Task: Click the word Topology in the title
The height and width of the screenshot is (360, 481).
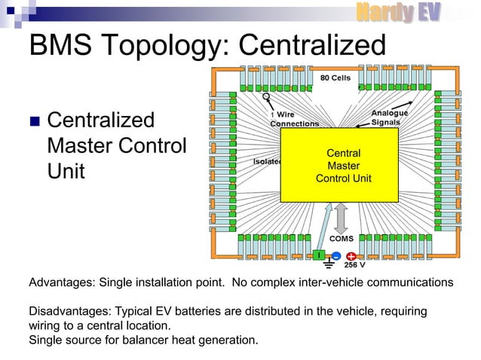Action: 158,46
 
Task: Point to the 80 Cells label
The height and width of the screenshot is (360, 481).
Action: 335,78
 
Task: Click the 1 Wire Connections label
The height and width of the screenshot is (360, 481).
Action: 293,119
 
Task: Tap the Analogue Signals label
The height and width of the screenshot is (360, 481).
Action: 390,117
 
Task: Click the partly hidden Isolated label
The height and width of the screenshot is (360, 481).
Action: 267,160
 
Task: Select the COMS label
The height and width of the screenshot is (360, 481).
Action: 342,239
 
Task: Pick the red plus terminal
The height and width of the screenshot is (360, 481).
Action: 351,256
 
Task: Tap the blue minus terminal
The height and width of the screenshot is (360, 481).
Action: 336,256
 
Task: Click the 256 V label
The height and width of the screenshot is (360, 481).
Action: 354,266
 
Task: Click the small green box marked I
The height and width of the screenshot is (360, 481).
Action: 320,255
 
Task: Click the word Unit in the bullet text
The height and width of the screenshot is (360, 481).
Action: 66,171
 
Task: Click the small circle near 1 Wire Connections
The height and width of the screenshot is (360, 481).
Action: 266,97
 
